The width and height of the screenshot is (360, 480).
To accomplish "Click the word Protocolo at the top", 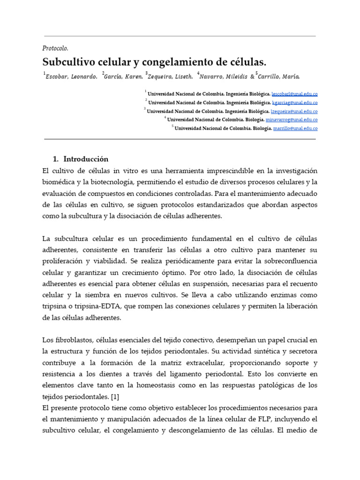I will click(x=55, y=48).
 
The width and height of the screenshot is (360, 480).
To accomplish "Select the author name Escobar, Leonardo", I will click(x=72, y=76).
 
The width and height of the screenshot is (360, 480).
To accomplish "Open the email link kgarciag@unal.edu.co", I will click(x=294, y=103).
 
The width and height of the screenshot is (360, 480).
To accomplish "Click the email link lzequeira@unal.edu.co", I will click(x=294, y=112).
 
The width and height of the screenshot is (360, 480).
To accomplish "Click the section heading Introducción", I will click(x=86, y=159).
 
